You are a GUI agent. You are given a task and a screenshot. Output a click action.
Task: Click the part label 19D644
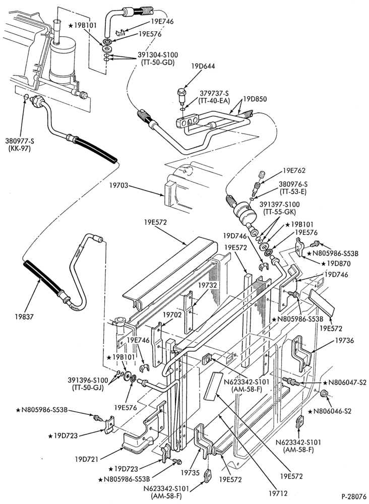click(203, 67)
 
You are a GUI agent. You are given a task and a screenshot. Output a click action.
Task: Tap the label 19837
click(24, 317)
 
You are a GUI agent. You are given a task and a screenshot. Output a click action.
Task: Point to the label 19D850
click(256, 99)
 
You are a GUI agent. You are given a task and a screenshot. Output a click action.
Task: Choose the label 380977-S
click(18, 141)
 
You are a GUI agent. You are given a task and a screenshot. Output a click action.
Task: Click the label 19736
click(344, 340)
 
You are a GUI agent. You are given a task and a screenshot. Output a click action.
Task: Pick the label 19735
click(190, 473)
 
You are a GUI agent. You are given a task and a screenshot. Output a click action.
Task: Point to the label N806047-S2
click(345, 383)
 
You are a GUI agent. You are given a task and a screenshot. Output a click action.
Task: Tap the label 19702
click(173, 314)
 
